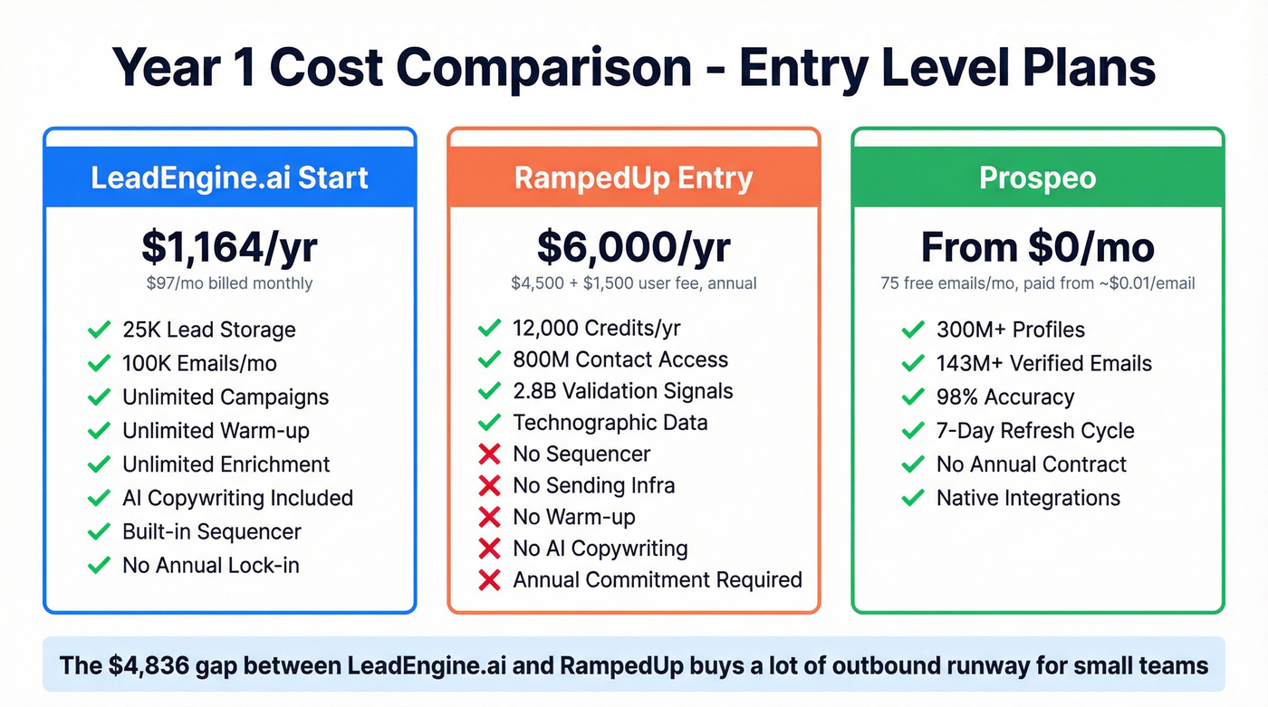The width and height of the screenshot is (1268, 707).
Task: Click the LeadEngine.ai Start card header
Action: coord(229,177)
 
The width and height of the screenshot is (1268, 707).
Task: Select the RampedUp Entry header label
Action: coord(633,177)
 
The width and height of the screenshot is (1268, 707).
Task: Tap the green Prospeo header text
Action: coord(1037,177)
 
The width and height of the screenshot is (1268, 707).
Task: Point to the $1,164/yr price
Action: coord(229,246)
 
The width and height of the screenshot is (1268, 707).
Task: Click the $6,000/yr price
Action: coord(633,246)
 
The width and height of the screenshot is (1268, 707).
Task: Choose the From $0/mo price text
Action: coord(1037,246)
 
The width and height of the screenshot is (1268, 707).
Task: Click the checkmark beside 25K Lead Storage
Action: coord(99,330)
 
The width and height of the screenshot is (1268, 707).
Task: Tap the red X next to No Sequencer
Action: coord(489,454)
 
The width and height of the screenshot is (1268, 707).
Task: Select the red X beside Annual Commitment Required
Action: coord(489,580)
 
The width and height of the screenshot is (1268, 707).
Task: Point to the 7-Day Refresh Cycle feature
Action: coord(1035,431)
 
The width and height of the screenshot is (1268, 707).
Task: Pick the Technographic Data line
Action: coord(610,423)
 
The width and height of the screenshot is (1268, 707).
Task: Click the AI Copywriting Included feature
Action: coord(237,498)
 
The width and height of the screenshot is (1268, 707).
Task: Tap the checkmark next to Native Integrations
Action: coord(913,498)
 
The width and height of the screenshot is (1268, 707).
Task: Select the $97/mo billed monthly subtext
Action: coord(229,283)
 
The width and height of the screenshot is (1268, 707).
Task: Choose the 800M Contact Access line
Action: coord(620,359)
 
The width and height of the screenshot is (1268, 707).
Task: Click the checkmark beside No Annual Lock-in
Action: coord(99,566)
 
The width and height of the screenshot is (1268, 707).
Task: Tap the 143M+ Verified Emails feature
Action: coord(1044,364)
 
